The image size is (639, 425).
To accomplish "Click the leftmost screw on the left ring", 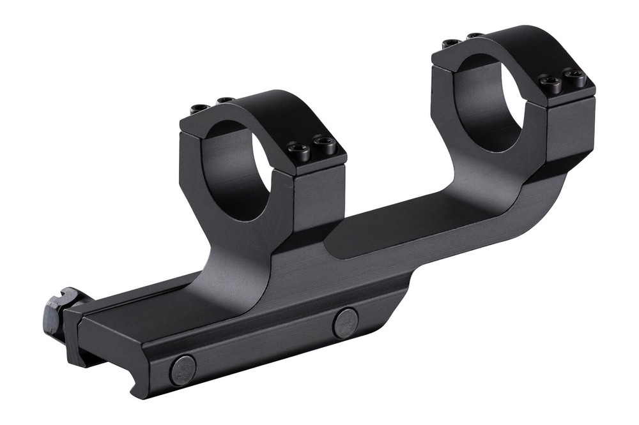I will (x=199, y=108).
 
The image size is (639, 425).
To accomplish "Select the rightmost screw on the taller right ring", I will (x=576, y=78).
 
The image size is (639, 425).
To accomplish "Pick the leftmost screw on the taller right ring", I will (x=451, y=43).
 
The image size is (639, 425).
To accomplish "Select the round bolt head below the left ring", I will (x=346, y=322).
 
